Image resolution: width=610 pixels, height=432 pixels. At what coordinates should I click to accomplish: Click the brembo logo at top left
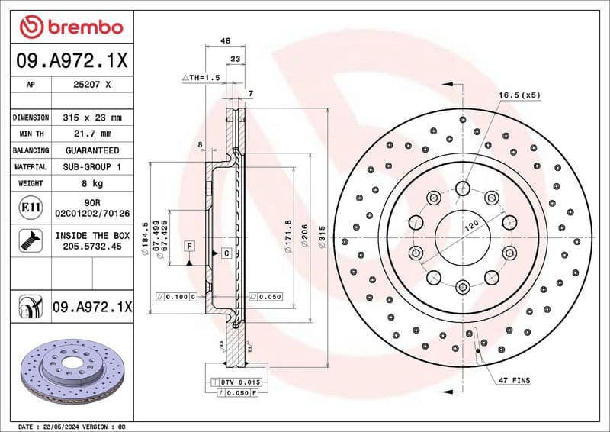coord(71,27)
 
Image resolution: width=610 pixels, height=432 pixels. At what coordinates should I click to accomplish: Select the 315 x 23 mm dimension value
coord(91,118)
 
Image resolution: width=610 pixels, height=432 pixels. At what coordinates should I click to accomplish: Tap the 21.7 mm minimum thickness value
coord(91,134)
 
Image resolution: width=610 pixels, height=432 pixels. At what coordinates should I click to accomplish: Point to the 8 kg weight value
coord(91,183)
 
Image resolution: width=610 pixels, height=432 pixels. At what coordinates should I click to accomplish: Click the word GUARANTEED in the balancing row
coord(91,150)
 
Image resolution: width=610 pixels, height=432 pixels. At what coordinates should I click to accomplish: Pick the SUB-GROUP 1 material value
coord(91,166)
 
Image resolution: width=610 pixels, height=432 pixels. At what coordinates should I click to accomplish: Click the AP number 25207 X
coord(91,85)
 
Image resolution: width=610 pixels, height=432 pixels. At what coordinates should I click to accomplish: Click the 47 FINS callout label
coord(514,379)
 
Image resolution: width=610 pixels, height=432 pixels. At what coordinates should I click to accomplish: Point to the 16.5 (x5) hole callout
coord(519,95)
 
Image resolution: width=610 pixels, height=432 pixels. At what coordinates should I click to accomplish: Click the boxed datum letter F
coord(188,246)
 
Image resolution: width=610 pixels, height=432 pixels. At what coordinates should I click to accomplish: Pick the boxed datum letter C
coord(226,253)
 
